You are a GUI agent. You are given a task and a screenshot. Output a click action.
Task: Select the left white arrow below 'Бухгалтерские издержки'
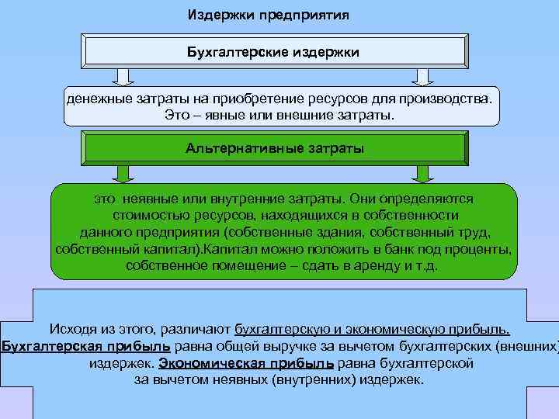click(x=122, y=76)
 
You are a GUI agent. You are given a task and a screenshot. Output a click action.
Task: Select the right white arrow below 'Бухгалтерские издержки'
click(x=421, y=76)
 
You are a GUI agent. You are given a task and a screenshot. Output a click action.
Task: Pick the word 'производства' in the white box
click(x=443, y=100)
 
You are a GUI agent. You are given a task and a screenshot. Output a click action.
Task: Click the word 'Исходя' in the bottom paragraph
click(x=73, y=328)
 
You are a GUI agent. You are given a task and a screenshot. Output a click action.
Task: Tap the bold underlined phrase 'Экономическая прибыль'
click(x=246, y=363)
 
